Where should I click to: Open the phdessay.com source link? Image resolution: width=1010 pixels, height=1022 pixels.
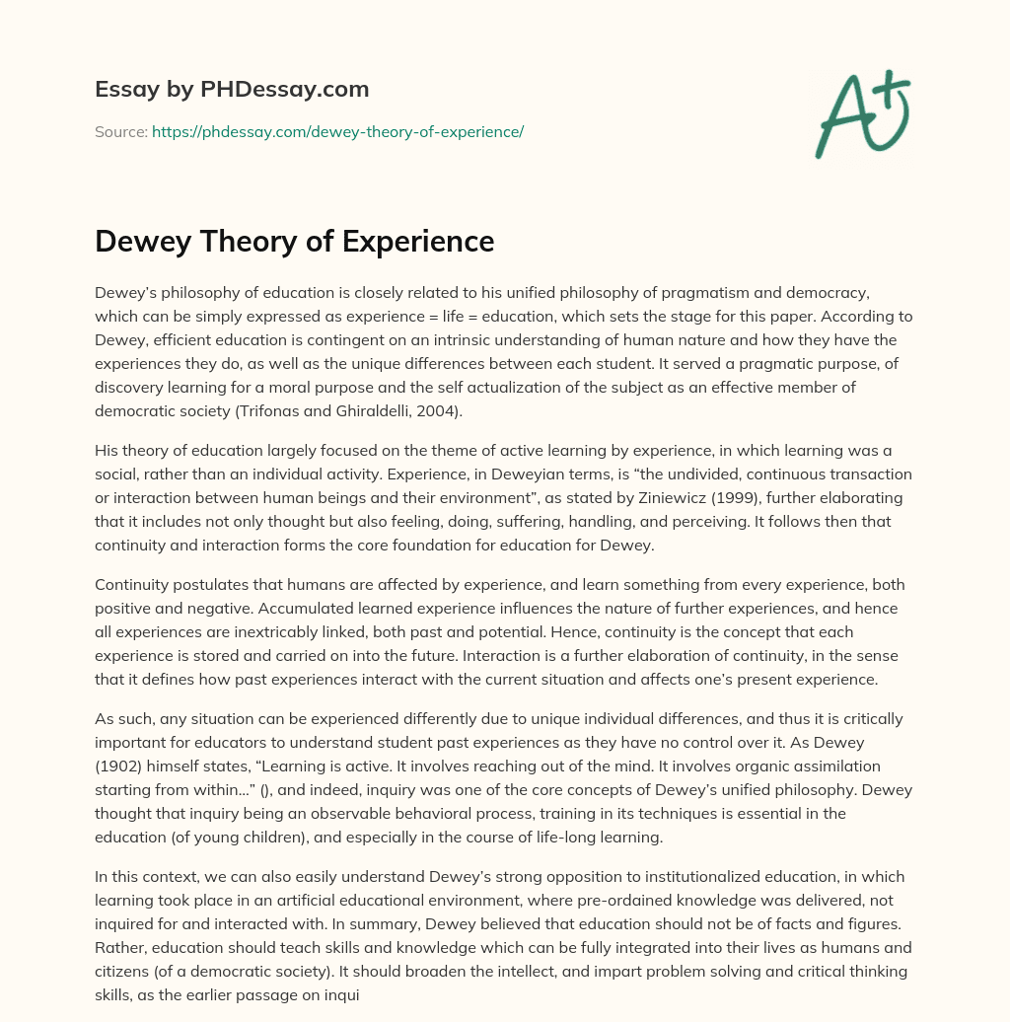coord(337,131)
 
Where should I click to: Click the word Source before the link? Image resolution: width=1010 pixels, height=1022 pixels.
coord(119,131)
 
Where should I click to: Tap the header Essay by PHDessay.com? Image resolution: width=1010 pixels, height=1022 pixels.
coord(232,90)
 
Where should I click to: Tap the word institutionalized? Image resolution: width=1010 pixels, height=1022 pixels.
coord(541,877)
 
